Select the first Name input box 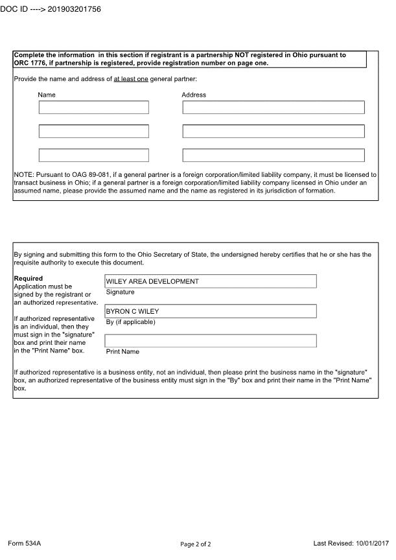pyautogui.click(x=94, y=108)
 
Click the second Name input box pyautogui.click(x=94, y=132)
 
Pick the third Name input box pyautogui.click(x=94, y=156)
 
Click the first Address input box pyautogui.click(x=274, y=108)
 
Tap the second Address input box pyautogui.click(x=274, y=132)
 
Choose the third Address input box pyautogui.click(x=274, y=156)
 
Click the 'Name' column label pyautogui.click(x=47, y=95)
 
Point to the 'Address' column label pyautogui.click(x=194, y=95)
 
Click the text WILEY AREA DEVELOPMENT pyautogui.click(x=152, y=281)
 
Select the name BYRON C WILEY pyautogui.click(x=132, y=311)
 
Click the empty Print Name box pyautogui.click(x=211, y=341)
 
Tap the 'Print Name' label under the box pyautogui.click(x=122, y=352)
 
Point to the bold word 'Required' pyautogui.click(x=28, y=279)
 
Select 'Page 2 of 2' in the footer pyautogui.click(x=196, y=544)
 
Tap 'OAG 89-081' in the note pyautogui.click(x=82, y=175)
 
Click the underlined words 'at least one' pyautogui.click(x=131, y=79)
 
